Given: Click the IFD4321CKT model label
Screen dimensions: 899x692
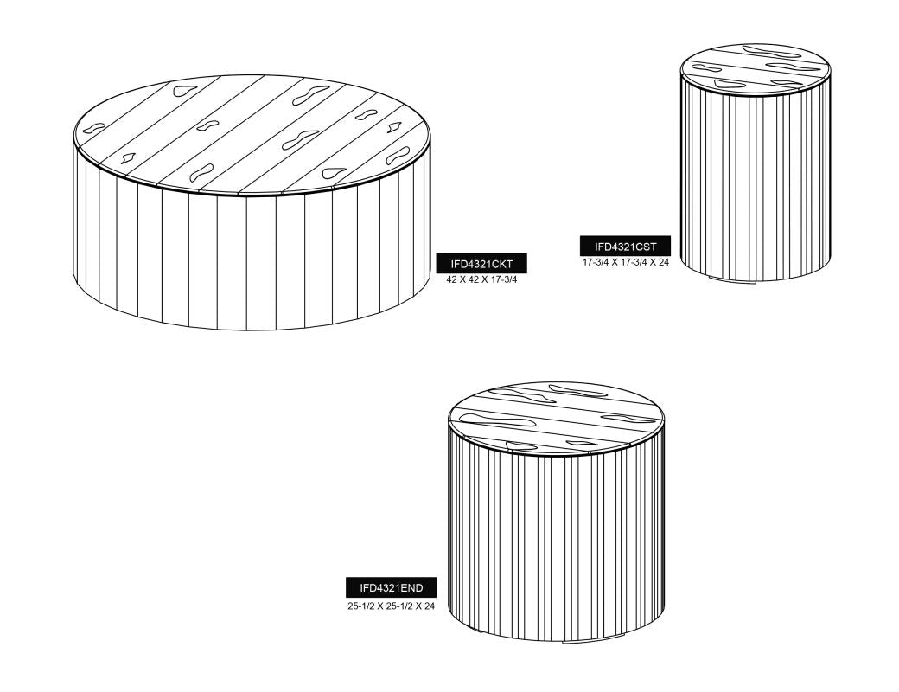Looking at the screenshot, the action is [481, 264].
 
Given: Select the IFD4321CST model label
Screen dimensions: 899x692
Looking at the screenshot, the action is [625, 247].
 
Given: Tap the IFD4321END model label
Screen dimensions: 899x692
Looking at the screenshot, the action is [391, 587].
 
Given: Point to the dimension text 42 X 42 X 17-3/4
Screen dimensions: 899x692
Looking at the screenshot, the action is [481, 280].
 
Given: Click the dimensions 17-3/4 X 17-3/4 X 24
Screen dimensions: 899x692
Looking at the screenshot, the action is [626, 263].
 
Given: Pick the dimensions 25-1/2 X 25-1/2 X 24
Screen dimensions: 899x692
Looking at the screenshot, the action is [391, 605].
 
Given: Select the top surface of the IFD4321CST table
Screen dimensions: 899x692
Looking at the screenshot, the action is [756, 67].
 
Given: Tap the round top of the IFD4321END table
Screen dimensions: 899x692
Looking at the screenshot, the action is [556, 416].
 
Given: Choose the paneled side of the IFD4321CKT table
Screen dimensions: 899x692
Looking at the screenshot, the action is [252, 259].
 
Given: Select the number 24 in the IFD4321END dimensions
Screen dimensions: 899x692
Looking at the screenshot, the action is [430, 605].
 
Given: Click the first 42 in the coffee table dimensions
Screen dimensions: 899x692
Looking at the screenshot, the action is [451, 280].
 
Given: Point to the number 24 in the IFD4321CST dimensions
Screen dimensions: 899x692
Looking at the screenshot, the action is [663, 263].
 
